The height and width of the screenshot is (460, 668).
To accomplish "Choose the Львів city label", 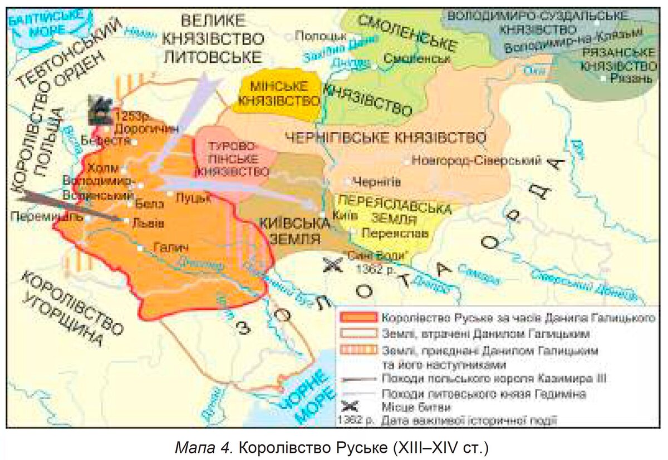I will click(x=148, y=222).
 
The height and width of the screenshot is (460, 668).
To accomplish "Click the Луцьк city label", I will click(x=192, y=197).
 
